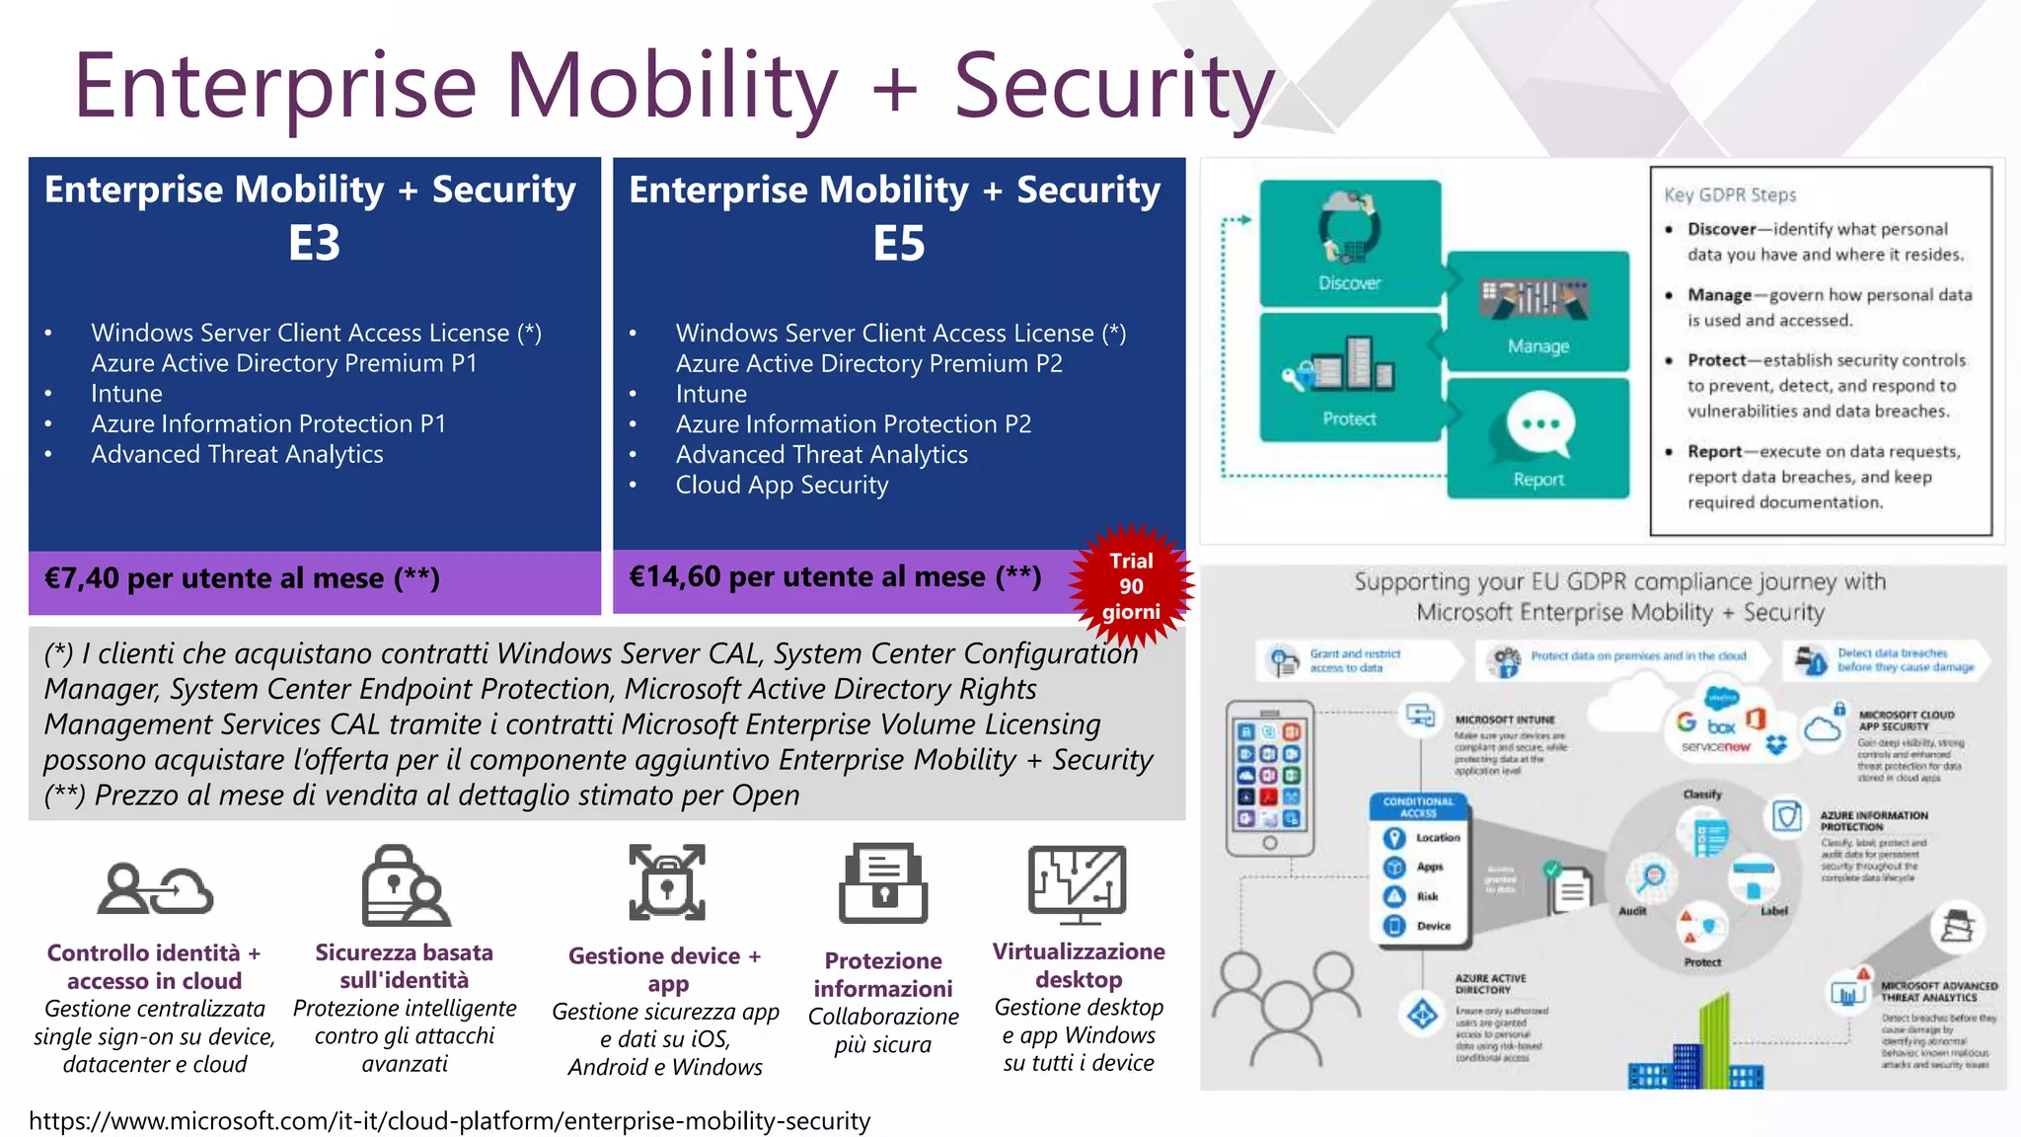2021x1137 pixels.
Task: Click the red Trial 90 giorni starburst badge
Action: click(x=1131, y=586)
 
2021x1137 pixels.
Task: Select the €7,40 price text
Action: click(x=242, y=578)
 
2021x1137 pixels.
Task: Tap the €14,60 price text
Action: click(x=834, y=576)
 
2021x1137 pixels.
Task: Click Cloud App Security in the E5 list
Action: click(x=782, y=485)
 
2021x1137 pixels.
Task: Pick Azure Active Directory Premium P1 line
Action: click(x=284, y=363)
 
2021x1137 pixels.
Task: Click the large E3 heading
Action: click(x=314, y=243)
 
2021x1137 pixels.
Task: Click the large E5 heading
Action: click(x=898, y=243)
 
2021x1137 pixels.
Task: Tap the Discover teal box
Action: click(x=1349, y=243)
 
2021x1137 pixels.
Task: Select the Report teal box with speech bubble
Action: click(x=1537, y=439)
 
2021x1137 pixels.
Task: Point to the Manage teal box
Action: click(x=1537, y=311)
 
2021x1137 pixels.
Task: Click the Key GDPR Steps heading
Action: click(x=1729, y=195)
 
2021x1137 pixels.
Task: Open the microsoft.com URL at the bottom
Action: click(x=449, y=1121)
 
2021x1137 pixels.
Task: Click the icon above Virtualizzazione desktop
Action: click(x=1077, y=883)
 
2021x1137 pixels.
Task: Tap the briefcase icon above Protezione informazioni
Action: click(x=882, y=883)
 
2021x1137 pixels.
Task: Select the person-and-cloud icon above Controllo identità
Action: click(x=155, y=888)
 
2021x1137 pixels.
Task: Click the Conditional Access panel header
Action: click(x=1418, y=806)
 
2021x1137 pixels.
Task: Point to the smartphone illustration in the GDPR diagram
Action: click(x=1269, y=778)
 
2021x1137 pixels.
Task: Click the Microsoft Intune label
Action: click(x=1504, y=720)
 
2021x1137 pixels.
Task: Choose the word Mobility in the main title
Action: click(x=671, y=87)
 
